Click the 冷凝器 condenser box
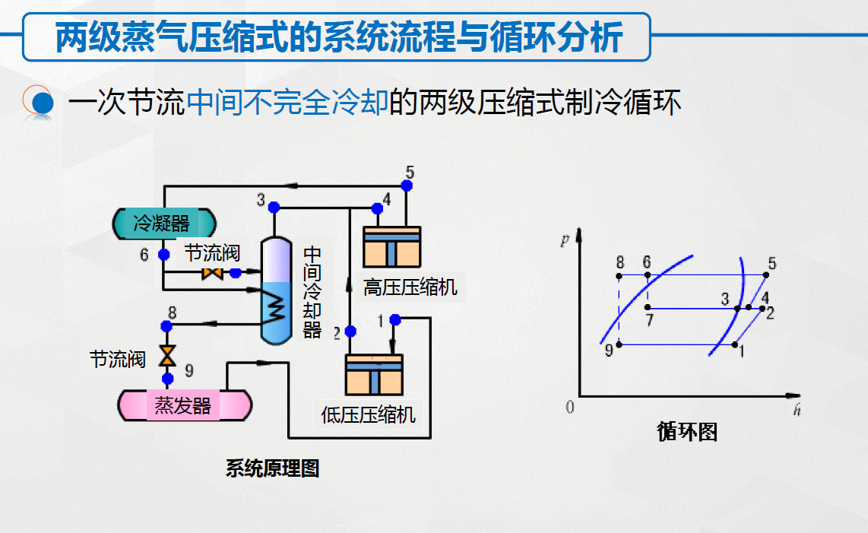coord(163,223)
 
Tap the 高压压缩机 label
coord(410,287)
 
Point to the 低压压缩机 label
coord(369,415)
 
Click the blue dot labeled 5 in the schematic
coord(407,185)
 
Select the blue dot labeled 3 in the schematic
coord(274,207)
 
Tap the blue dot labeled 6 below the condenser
coord(163,254)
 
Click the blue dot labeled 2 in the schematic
coord(350,332)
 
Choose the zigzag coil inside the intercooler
coord(274,308)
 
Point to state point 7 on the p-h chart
coord(648,308)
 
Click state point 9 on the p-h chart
coord(619,344)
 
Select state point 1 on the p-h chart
coord(735,344)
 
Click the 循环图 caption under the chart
coord(687,432)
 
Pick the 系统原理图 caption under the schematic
coord(272,468)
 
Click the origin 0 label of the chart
coord(570,408)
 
